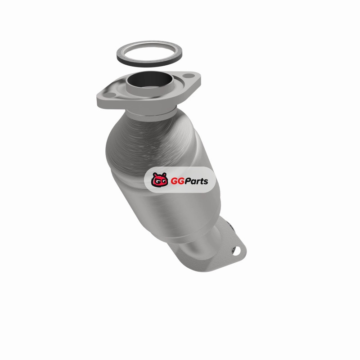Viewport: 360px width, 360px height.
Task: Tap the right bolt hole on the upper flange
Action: click(189, 76)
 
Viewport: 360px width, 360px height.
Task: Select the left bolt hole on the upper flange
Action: click(110, 95)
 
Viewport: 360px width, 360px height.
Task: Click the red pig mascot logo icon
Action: click(159, 180)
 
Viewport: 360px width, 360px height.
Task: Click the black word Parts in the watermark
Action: click(197, 181)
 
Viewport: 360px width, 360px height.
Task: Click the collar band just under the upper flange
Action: click(151, 115)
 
